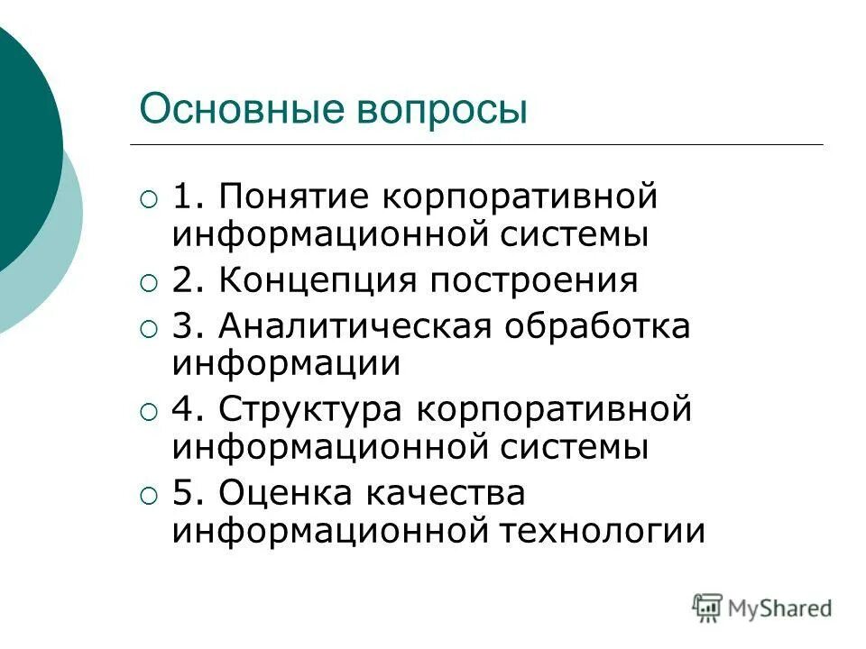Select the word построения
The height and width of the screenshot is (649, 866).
tap(534, 281)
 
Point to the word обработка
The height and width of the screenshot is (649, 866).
tap(597, 325)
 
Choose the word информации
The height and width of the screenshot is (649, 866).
tap(286, 363)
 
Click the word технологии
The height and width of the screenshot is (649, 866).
tap(601, 531)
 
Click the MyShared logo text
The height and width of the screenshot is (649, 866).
tap(781, 608)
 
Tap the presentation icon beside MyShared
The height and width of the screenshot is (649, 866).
tap(708, 608)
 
